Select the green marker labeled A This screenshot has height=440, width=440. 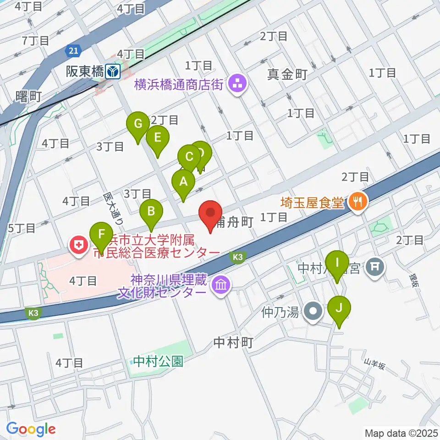click(183, 182)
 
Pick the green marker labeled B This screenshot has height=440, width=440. click(151, 212)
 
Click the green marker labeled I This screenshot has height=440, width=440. click(337, 264)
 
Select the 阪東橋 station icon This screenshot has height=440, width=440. click(112, 71)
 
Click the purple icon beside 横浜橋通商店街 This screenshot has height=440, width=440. click(237, 84)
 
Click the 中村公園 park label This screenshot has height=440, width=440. click(159, 362)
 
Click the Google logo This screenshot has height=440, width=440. click(31, 429)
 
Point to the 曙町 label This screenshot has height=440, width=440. click(28, 96)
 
